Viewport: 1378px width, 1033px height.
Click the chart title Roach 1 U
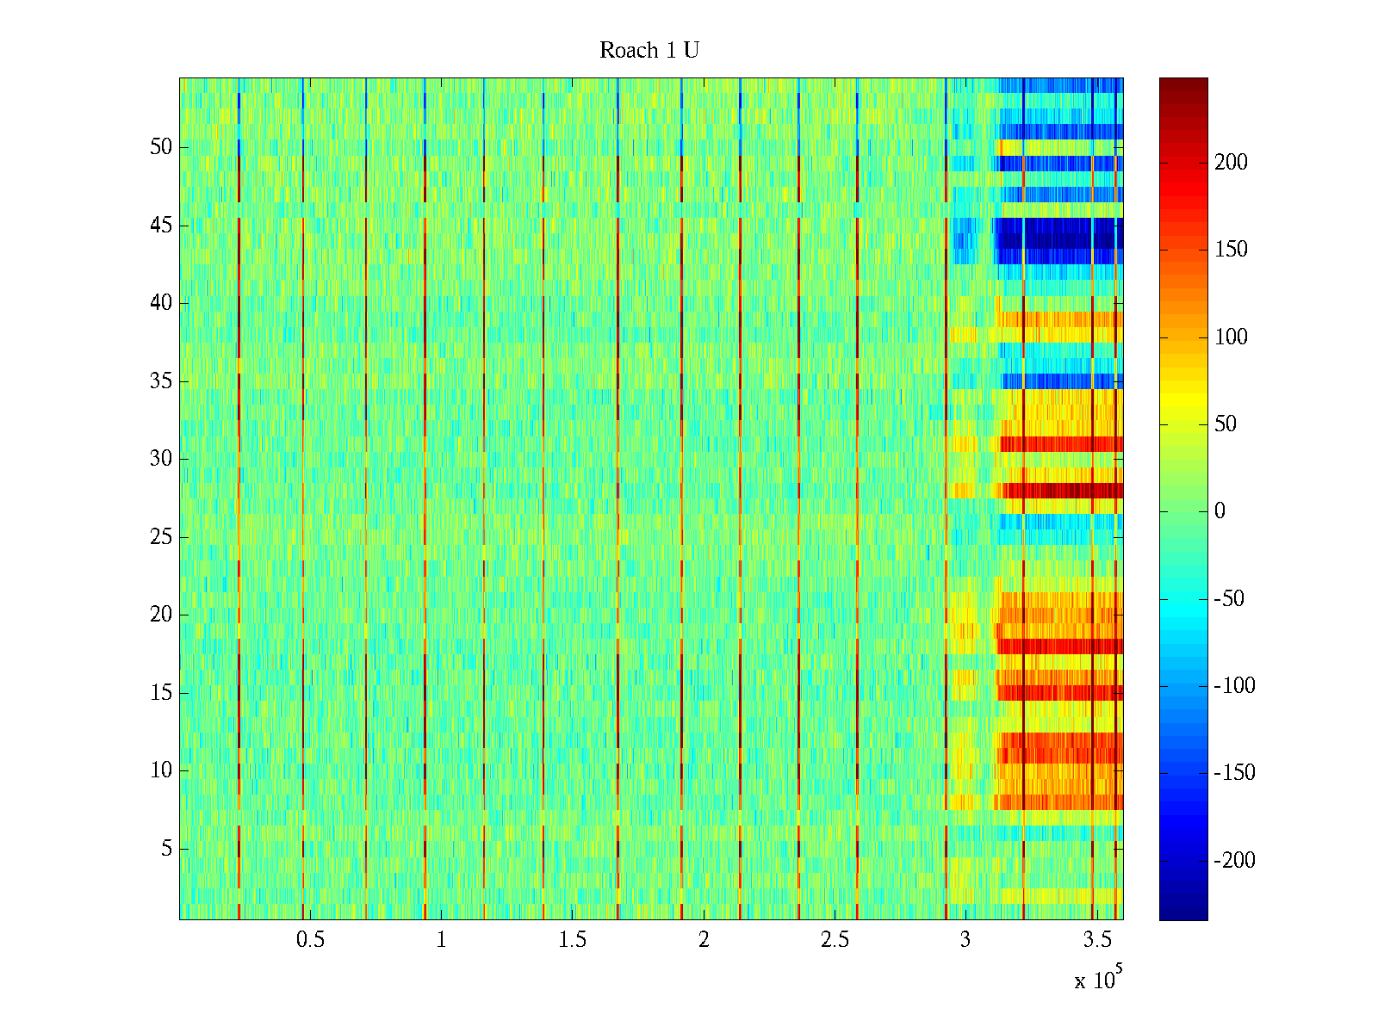click(x=649, y=51)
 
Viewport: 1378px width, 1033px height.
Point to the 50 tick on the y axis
click(x=161, y=147)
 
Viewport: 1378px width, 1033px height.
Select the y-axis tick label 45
click(x=161, y=226)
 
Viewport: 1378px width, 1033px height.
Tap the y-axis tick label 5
click(x=166, y=849)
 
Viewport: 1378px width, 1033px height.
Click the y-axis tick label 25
click(x=161, y=537)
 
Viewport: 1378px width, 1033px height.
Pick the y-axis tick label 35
click(x=161, y=381)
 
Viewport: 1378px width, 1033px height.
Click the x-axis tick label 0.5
click(x=310, y=940)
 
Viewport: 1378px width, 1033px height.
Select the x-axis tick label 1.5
click(x=572, y=940)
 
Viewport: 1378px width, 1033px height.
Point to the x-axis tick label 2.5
click(x=835, y=940)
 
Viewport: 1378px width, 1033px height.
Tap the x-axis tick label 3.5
click(x=1096, y=940)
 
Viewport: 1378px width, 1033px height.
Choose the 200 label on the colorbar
click(x=1231, y=163)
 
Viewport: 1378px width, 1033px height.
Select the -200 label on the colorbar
click(x=1234, y=860)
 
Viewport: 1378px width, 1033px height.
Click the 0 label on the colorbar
click(x=1220, y=511)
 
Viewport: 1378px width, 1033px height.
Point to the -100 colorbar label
click(x=1234, y=686)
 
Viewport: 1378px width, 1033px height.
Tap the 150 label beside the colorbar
click(x=1231, y=250)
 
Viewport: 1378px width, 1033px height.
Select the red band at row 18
click(x=1059, y=646)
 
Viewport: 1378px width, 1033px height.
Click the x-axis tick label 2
click(x=704, y=940)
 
